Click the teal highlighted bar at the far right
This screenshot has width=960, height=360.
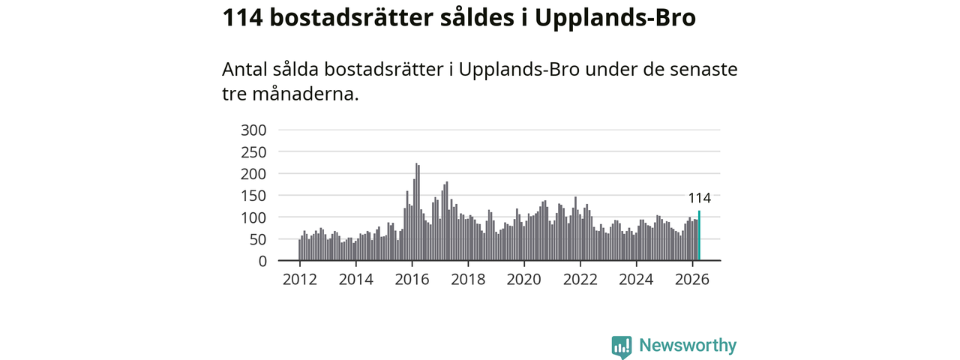pyautogui.click(x=699, y=235)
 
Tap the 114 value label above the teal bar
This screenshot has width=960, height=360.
pyautogui.click(x=700, y=198)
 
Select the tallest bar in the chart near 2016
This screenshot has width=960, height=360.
pyautogui.click(x=416, y=211)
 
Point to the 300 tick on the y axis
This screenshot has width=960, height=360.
pyautogui.click(x=253, y=130)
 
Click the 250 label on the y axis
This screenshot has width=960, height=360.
pyautogui.click(x=253, y=152)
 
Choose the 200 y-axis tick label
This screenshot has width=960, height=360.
pyautogui.click(x=253, y=174)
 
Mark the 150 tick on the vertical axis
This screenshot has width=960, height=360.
pyautogui.click(x=253, y=196)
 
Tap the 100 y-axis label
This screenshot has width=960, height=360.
pyautogui.click(x=253, y=217)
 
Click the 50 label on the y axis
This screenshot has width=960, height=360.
pyautogui.click(x=258, y=239)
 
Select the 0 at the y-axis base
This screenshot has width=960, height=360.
pyautogui.click(x=262, y=261)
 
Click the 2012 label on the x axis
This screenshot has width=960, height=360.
pyautogui.click(x=299, y=280)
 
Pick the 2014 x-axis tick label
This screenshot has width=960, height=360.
pyautogui.click(x=355, y=280)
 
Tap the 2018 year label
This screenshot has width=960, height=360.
pyautogui.click(x=468, y=280)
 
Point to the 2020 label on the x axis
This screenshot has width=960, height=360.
pyautogui.click(x=523, y=280)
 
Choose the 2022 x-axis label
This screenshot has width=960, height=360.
pyautogui.click(x=580, y=280)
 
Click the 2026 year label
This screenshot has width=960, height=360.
pyautogui.click(x=692, y=280)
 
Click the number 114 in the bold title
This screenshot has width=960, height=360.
pyautogui.click(x=242, y=18)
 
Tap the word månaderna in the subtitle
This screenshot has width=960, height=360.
pyautogui.click(x=305, y=94)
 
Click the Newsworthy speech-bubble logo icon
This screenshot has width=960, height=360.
pyautogui.click(x=622, y=347)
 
